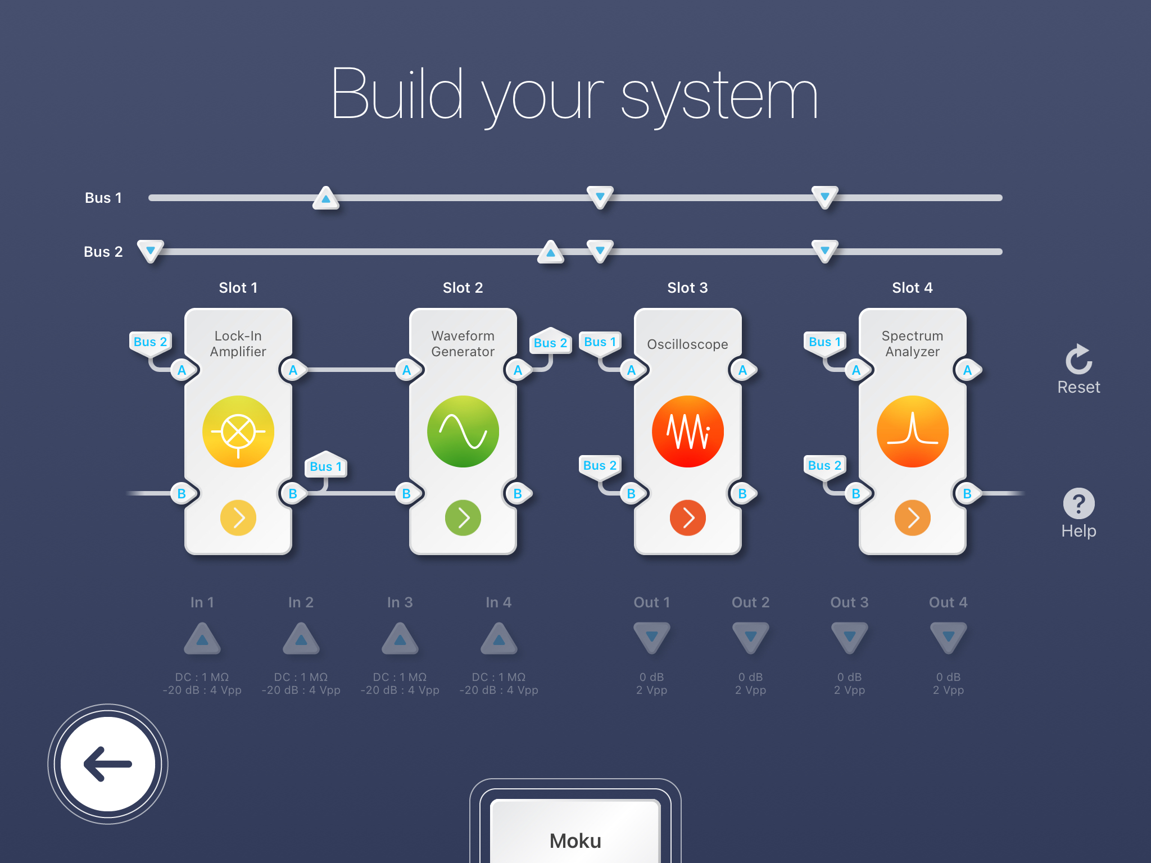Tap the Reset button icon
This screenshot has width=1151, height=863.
point(1079,360)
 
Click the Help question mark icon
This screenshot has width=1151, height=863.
point(1079,503)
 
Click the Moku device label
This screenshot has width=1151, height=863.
point(575,841)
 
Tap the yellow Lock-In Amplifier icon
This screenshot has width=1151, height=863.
point(238,431)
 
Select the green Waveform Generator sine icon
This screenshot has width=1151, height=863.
point(463,431)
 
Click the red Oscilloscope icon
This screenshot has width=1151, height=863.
point(687,431)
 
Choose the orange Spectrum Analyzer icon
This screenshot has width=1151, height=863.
point(912,431)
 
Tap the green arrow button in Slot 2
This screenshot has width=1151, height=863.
point(463,517)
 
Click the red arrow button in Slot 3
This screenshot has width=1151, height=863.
point(687,517)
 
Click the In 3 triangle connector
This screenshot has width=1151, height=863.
point(400,639)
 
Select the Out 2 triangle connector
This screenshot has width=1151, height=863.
point(750,637)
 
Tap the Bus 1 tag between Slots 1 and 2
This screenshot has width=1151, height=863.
point(325,466)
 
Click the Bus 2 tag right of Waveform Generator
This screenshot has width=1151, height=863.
point(550,343)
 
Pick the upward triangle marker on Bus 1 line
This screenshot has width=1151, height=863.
point(326,198)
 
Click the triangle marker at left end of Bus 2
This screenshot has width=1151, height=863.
point(151,251)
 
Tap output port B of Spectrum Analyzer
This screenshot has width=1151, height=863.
point(967,493)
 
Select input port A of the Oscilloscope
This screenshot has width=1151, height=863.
point(632,370)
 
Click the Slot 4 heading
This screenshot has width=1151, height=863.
point(912,288)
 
